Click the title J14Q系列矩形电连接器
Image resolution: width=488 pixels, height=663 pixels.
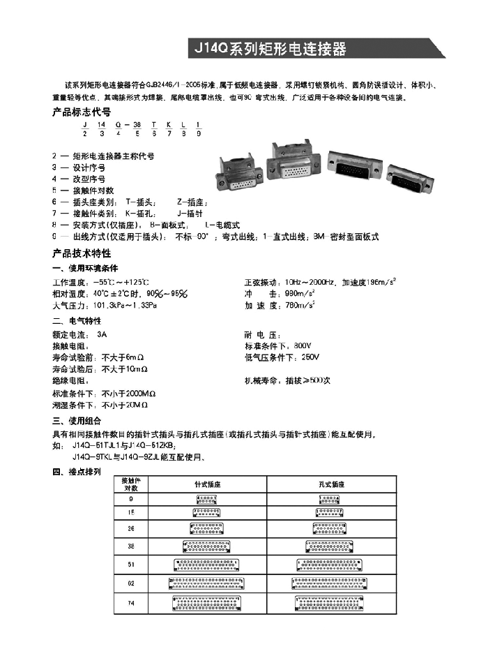tap(268, 50)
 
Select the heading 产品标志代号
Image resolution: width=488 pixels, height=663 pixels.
tap(82, 112)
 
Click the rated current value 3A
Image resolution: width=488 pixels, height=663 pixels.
tap(102, 334)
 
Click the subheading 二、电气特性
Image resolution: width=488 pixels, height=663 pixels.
tap(77, 321)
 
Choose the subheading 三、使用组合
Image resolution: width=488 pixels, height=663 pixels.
tap(77, 421)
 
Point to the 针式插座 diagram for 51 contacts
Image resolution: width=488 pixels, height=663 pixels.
tap(207, 563)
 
